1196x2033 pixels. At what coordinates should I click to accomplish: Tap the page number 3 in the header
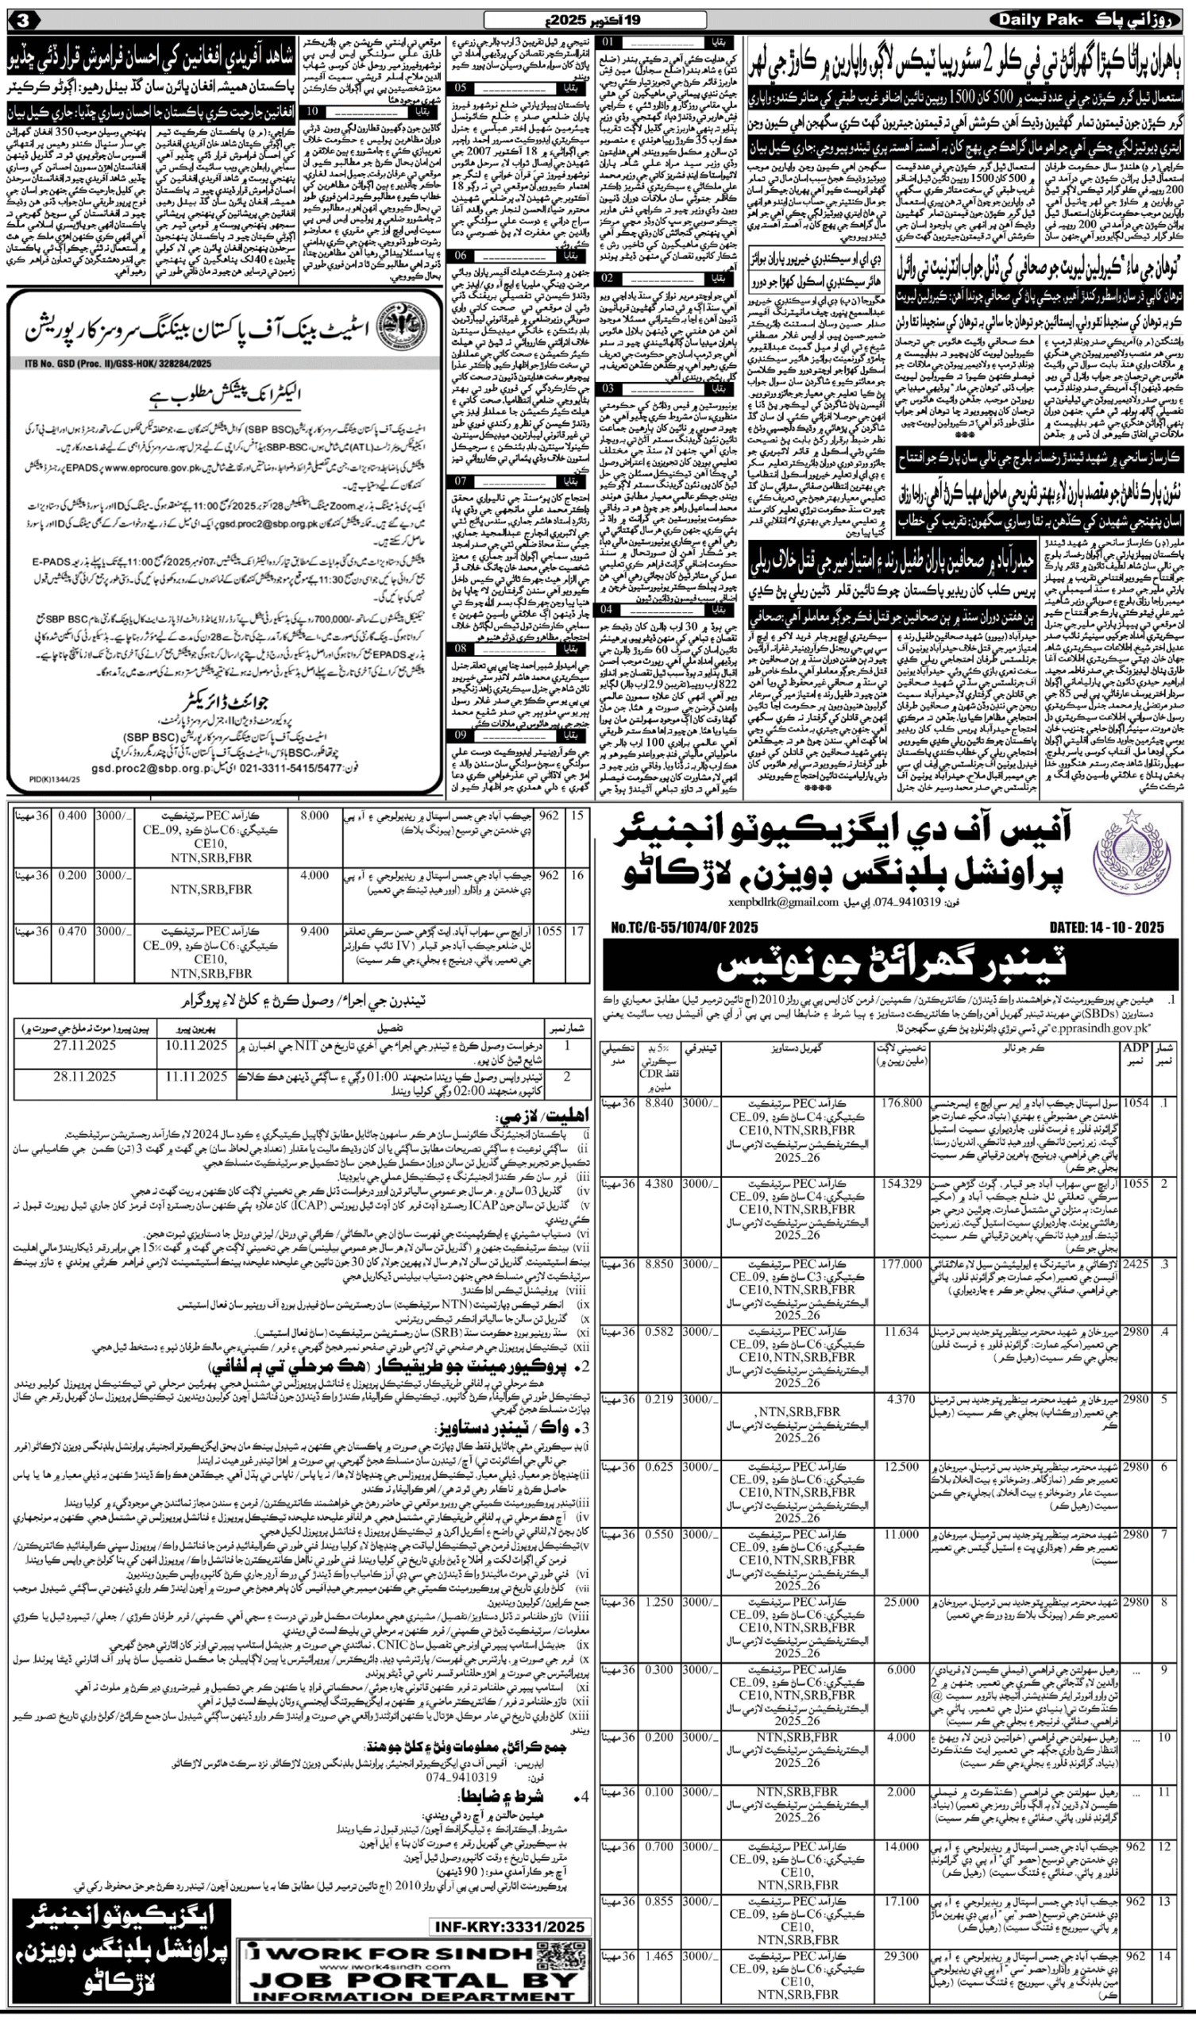coord(24,17)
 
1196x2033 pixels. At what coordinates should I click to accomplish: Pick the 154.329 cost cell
coord(901,1182)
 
